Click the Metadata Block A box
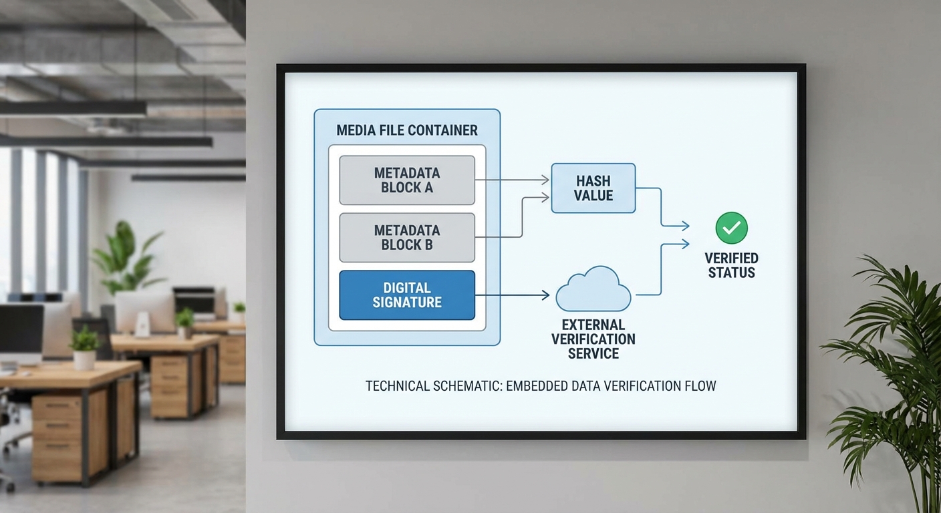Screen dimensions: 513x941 coord(407,180)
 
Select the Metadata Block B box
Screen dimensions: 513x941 coord(407,238)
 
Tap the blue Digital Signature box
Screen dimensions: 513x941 coord(407,295)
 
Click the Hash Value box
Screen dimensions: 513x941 coord(593,188)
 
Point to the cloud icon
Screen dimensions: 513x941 coord(593,290)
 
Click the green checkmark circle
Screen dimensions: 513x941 coord(731,228)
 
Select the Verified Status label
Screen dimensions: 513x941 coord(731,265)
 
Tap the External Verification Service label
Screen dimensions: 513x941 coord(593,339)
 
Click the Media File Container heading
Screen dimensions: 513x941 coord(407,130)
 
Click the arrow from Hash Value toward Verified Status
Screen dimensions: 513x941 coord(662,207)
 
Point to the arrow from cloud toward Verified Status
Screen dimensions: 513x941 coord(662,267)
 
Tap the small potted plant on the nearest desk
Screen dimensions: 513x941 coord(84,347)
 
